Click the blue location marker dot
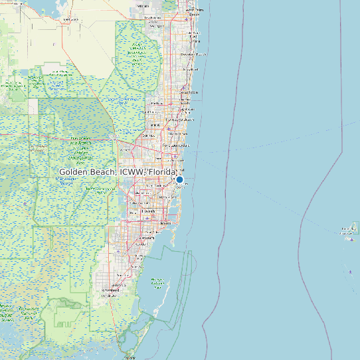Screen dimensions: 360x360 click(x=179, y=179)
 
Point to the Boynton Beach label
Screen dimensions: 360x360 click(x=194, y=54)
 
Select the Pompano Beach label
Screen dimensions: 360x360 click(x=182, y=120)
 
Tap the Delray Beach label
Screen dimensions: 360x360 click(x=191, y=69)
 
